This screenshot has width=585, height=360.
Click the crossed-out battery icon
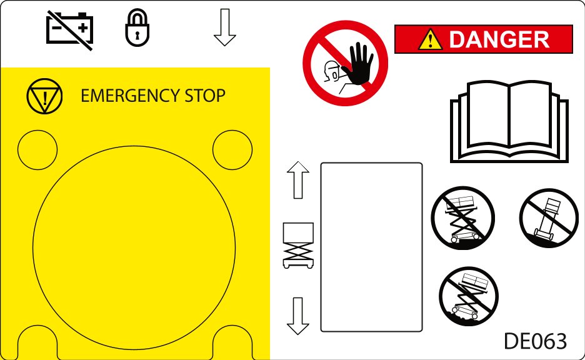[x=70, y=30]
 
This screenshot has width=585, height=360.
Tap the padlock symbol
[x=137, y=27]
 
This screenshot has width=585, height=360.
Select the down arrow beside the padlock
[x=225, y=27]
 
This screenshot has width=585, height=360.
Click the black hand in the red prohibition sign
[x=358, y=63]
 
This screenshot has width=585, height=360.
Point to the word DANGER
[x=499, y=39]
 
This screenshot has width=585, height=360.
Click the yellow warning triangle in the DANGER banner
[x=430, y=39]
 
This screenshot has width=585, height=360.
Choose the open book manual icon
[x=509, y=122]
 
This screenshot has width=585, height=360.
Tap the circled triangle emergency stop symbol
[x=44, y=96]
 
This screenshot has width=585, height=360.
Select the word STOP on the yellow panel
[x=205, y=96]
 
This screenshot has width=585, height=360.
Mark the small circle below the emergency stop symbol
[x=37, y=149]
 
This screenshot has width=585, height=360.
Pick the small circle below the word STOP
[x=232, y=149]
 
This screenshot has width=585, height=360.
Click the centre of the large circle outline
[x=134, y=247]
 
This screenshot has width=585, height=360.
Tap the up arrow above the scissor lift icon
[x=298, y=180]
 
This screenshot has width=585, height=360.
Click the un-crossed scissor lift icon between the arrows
[x=298, y=246]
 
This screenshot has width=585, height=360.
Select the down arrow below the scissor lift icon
[x=298, y=316]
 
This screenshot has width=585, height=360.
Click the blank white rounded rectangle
[x=372, y=247]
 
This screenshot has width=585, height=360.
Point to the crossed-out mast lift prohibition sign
[x=549, y=218]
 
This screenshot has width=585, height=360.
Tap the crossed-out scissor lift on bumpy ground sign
[x=469, y=296]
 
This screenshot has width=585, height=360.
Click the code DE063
[x=536, y=341]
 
